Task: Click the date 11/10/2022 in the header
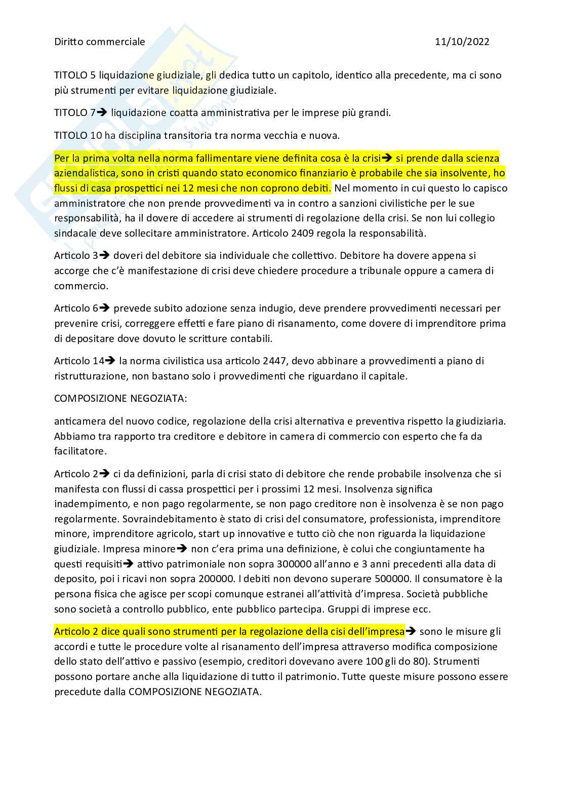tap(462, 42)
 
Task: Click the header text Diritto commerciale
tap(99, 42)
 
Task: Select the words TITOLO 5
tap(75, 75)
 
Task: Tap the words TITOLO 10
tap(77, 135)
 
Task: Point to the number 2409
tap(289, 233)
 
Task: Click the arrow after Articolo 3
tap(104, 256)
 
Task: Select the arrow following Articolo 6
tap(104, 308)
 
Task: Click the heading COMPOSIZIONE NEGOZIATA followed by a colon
tap(120, 398)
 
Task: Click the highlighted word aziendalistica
tap(86, 173)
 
